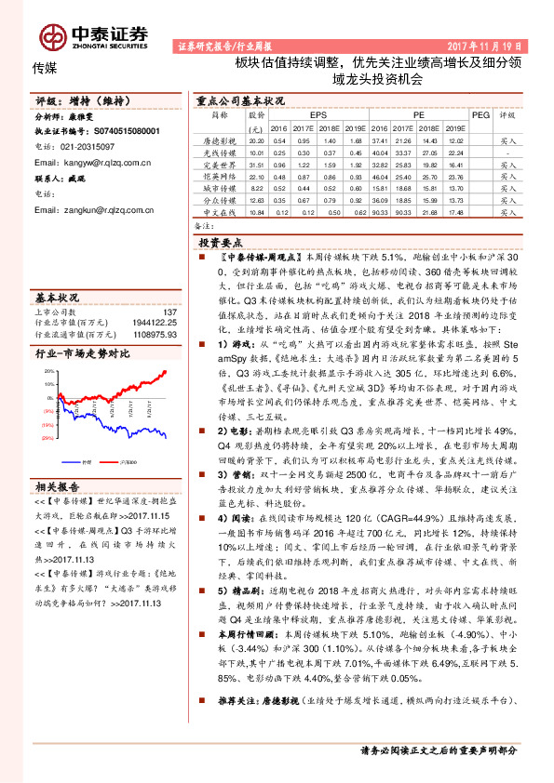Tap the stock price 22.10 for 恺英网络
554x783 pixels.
(x=257, y=175)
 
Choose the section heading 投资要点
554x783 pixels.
(x=221, y=240)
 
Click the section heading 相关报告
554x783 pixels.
(x=60, y=486)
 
